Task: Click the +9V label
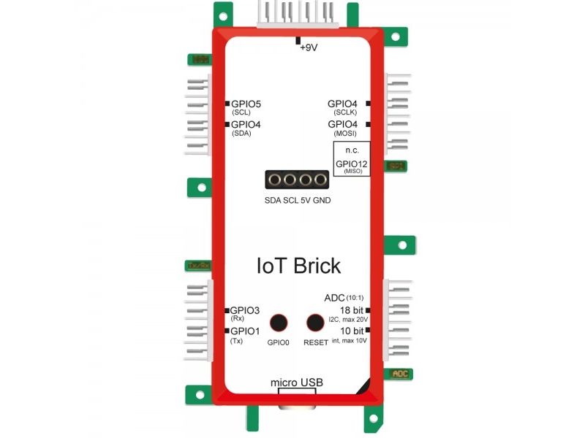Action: pos(310,48)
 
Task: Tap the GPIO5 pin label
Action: pos(246,104)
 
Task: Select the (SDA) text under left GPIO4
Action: pos(241,134)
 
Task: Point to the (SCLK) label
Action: pos(344,113)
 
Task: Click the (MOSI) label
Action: pos(344,134)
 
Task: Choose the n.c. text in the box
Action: pos(351,150)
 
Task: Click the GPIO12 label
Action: pos(352,164)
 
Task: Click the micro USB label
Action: pos(296,383)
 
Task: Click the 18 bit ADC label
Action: pos(352,310)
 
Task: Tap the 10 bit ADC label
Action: pos(352,331)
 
